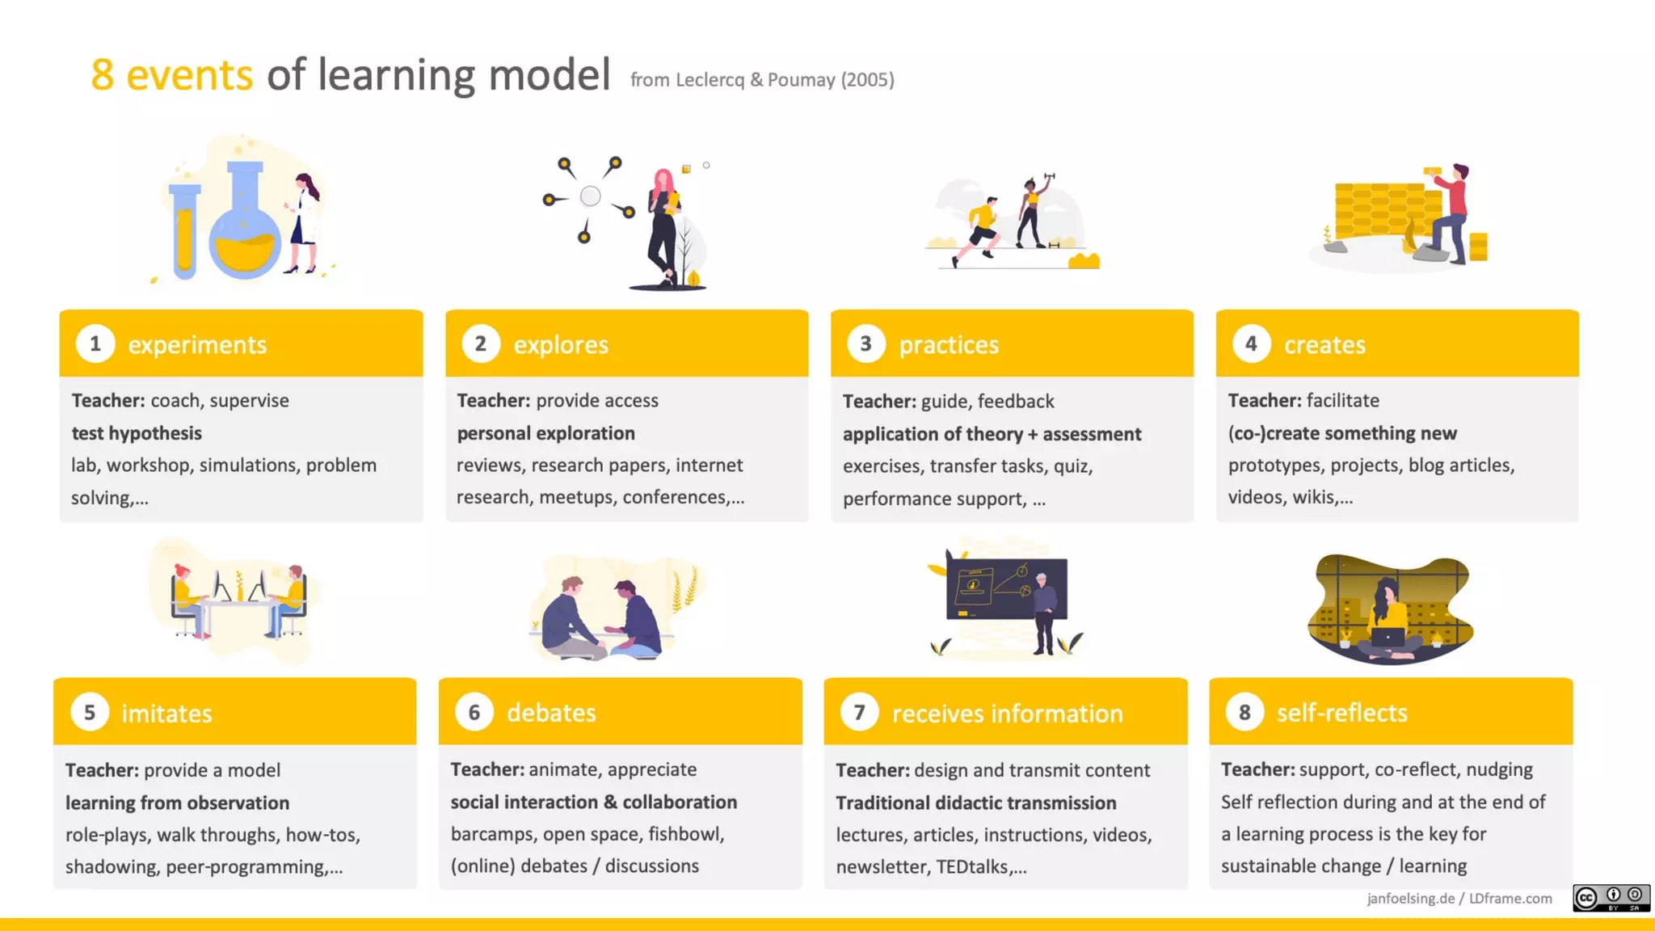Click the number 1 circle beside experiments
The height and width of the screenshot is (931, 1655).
coord(95,343)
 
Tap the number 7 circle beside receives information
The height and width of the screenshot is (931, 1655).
coord(859,712)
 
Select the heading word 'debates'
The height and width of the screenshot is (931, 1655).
coord(551,713)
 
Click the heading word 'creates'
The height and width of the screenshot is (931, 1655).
coord(1324,345)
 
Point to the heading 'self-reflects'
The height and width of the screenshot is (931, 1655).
coord(1341,713)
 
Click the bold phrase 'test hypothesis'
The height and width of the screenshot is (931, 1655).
coord(137,433)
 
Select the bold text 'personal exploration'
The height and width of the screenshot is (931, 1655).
coord(545,433)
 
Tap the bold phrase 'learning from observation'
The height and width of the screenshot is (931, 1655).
coord(177,803)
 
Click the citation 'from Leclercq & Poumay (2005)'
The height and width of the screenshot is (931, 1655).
coord(761,80)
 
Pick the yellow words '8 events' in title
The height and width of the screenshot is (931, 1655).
coord(171,75)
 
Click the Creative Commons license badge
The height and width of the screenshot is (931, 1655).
coord(1611,898)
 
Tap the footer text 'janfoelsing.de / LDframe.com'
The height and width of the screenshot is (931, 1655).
coord(1459,899)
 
